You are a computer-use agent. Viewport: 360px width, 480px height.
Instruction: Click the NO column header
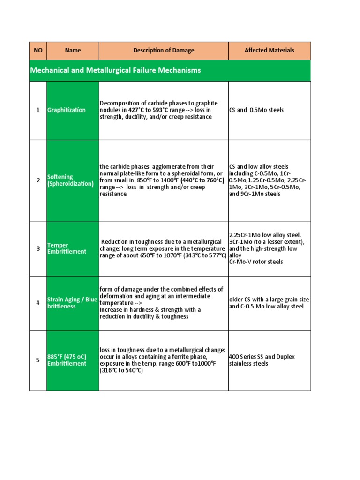pyautogui.click(x=38, y=51)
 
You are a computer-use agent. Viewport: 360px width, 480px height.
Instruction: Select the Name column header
pyautogui.click(x=73, y=51)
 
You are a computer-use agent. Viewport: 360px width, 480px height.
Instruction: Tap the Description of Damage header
pyautogui.click(x=164, y=51)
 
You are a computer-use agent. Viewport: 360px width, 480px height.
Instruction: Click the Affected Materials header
pyautogui.click(x=270, y=51)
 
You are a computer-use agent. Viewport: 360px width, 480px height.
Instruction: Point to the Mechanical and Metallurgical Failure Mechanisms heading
pyautogui.click(x=116, y=70)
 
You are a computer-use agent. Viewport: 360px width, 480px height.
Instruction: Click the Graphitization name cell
pyautogui.click(x=67, y=110)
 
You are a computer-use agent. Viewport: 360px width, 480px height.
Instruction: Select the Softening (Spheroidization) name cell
pyautogui.click(x=71, y=180)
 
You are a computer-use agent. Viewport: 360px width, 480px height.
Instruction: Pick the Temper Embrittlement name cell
pyautogui.click(x=67, y=248)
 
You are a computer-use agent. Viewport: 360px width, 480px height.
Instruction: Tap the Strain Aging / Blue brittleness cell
pyautogui.click(x=72, y=303)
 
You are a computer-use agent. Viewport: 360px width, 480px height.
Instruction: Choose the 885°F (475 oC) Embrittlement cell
pyautogui.click(x=67, y=360)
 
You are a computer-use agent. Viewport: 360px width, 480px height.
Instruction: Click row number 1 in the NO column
pyautogui.click(x=38, y=110)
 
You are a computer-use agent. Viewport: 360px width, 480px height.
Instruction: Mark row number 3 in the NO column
pyautogui.click(x=38, y=248)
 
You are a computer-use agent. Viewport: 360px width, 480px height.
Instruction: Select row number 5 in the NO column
pyautogui.click(x=38, y=360)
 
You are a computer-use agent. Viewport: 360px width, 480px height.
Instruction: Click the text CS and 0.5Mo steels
pyautogui.click(x=256, y=110)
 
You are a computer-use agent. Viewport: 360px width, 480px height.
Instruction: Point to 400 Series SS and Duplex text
pyautogui.click(x=262, y=357)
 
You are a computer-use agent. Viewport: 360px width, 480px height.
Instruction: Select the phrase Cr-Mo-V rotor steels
pyautogui.click(x=256, y=262)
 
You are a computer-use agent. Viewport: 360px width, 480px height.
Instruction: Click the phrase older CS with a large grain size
pyautogui.click(x=269, y=300)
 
